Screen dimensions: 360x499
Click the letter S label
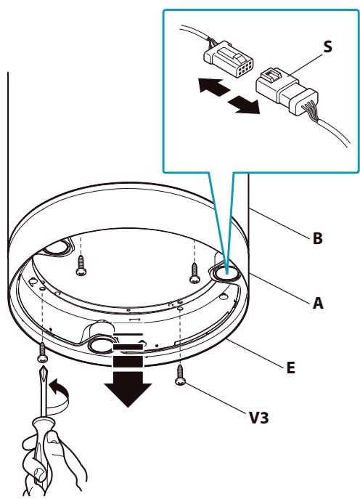point(327,46)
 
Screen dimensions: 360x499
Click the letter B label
point(317,238)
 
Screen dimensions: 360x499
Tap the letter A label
point(318,303)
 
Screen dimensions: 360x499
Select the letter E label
point(290,368)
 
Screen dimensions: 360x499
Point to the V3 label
point(259,418)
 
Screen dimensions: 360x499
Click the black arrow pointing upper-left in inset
point(213,86)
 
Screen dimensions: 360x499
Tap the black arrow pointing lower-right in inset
point(244,105)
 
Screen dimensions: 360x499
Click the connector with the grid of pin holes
point(229,59)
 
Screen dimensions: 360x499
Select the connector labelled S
point(287,91)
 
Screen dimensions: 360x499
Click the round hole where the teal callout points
point(226,273)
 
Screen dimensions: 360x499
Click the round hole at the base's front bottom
point(101,345)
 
